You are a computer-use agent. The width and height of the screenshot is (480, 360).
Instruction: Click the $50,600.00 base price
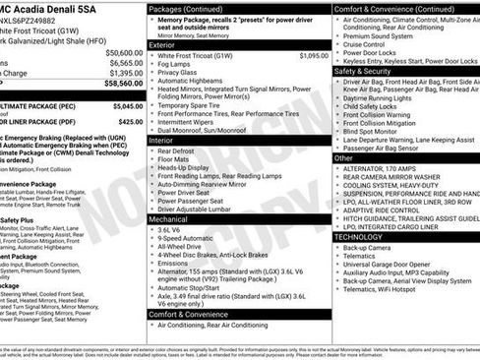point(123,52)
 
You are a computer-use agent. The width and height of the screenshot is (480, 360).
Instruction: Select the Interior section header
point(163,141)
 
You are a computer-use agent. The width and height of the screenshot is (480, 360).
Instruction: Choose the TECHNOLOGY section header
point(359,236)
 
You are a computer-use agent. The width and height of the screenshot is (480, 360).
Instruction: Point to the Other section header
point(343,156)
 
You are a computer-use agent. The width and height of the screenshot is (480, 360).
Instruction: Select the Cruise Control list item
point(370,44)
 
